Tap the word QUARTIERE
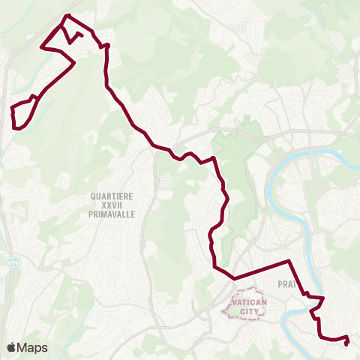point(112,196)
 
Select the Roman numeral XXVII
point(111,204)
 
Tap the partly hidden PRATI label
point(286,284)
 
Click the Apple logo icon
point(13,347)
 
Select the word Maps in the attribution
point(33,347)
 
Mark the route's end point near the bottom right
point(346,343)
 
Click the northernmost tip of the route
point(67,16)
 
